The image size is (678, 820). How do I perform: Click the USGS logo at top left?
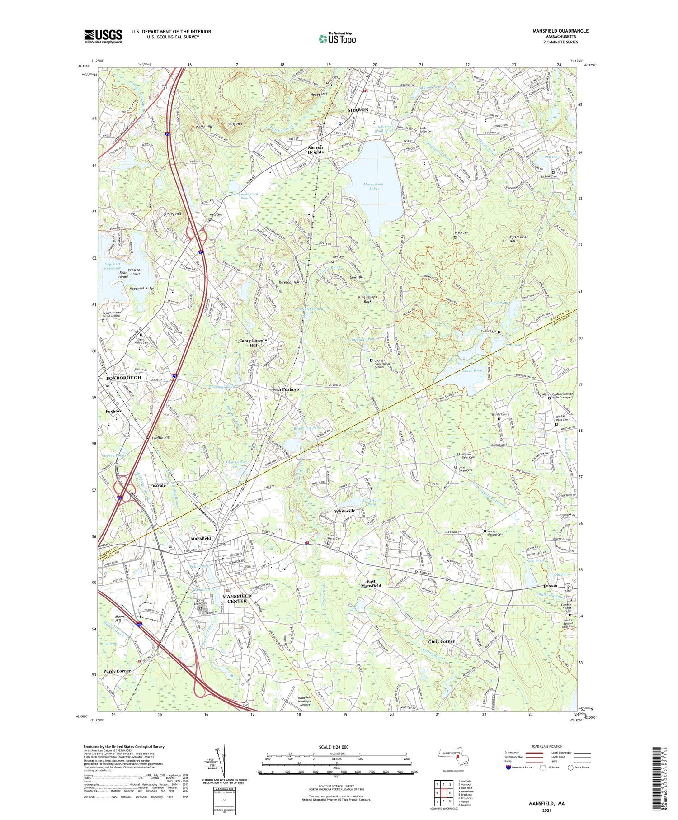(103, 36)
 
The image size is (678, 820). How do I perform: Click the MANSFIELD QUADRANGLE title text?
(560, 31)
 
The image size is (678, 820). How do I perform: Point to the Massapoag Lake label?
(373, 186)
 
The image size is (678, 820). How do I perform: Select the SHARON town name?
(358, 110)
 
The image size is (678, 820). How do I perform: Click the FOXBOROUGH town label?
(123, 377)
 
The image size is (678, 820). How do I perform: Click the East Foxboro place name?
(286, 389)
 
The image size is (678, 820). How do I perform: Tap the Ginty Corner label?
(442, 641)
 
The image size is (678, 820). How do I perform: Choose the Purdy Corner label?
(117, 671)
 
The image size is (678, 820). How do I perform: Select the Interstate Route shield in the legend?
(508, 768)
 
